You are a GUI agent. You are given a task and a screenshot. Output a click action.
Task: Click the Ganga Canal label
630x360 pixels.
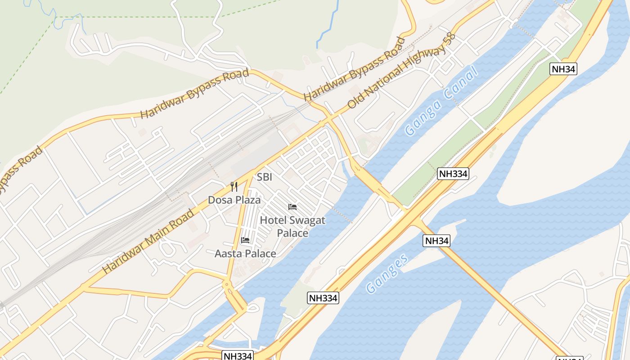click(x=441, y=101)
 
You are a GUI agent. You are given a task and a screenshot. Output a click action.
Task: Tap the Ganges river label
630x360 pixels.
click(x=387, y=273)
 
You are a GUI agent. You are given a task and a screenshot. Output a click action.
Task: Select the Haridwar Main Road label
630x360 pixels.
click(x=149, y=241)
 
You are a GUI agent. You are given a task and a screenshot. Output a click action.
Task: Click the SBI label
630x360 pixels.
click(x=264, y=177)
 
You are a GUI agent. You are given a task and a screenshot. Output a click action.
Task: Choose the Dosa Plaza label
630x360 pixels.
click(x=234, y=199)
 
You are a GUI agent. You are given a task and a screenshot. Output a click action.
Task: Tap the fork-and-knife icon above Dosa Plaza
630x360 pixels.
click(x=234, y=187)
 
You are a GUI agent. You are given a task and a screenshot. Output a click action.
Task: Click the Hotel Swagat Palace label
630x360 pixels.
click(x=292, y=226)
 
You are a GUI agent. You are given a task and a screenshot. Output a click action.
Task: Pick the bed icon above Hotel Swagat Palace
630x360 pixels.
click(x=292, y=207)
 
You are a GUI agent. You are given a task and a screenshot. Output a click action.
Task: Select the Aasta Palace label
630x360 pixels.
click(x=245, y=254)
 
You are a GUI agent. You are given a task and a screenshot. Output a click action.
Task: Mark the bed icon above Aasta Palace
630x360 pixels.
click(x=245, y=240)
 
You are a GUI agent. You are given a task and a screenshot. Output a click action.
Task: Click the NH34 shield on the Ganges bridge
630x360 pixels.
click(x=436, y=241)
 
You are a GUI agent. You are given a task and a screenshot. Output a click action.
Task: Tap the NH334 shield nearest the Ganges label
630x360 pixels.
click(x=323, y=297)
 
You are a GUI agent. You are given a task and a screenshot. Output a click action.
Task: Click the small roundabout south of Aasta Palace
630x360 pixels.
click(x=227, y=284)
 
